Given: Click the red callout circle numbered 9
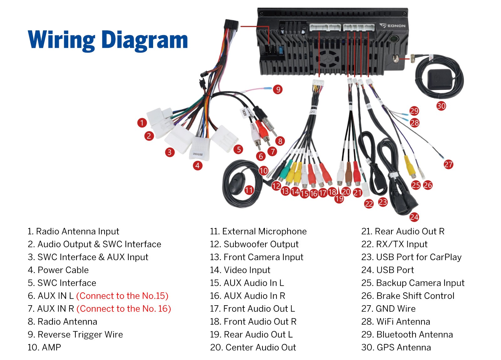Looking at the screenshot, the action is pyautogui.click(x=278, y=90).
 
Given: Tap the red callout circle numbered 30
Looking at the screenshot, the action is pyautogui.click(x=441, y=106).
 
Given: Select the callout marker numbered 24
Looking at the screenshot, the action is pyautogui.click(x=414, y=217).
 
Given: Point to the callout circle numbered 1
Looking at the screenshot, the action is pyautogui.click(x=142, y=123).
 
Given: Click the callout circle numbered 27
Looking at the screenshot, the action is pyautogui.click(x=448, y=165).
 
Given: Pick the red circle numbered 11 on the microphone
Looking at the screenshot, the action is pyautogui.click(x=249, y=190).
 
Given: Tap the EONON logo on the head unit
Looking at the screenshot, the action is pyautogui.click(x=393, y=26).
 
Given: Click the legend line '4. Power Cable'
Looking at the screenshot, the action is pyautogui.click(x=58, y=270).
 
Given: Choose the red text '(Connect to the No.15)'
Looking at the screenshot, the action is pyautogui.click(x=122, y=296).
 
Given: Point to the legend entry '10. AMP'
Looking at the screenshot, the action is pyautogui.click(x=44, y=347).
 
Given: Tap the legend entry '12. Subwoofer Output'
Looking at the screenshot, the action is pyautogui.click(x=254, y=244).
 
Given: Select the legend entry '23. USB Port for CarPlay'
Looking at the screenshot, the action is pyautogui.click(x=411, y=257).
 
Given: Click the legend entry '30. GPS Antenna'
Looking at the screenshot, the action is pyautogui.click(x=396, y=347).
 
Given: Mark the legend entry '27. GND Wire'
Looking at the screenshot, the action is pyautogui.click(x=389, y=309).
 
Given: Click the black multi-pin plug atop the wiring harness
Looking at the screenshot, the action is pyautogui.click(x=231, y=25).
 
